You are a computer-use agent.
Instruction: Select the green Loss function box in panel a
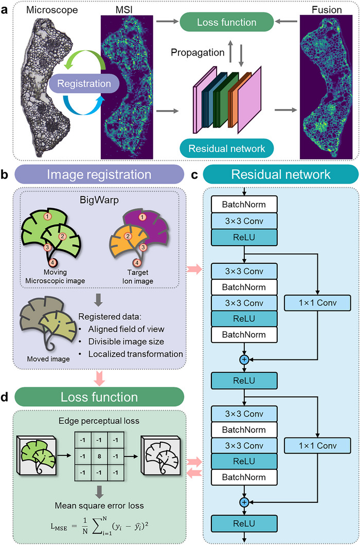click(x=226, y=23)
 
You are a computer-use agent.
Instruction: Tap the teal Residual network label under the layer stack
click(x=226, y=149)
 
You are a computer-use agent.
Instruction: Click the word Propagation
click(x=197, y=53)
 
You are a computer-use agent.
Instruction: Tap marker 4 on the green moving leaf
click(x=52, y=262)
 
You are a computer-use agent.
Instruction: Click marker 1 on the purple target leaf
click(x=141, y=217)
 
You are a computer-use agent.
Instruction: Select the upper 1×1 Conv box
click(x=318, y=302)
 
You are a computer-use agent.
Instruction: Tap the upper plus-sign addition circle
click(x=244, y=359)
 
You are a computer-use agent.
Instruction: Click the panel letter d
click(x=5, y=396)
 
